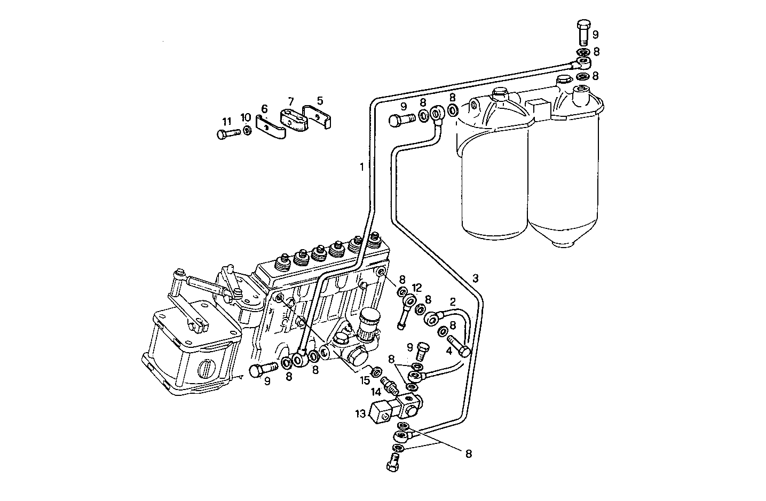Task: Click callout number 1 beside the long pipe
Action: [361, 167]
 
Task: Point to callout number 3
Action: [475, 279]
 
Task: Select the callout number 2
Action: [452, 301]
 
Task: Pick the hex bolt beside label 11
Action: [228, 134]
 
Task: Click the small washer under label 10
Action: [247, 131]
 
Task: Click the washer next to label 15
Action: [376, 370]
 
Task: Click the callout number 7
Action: [290, 101]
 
